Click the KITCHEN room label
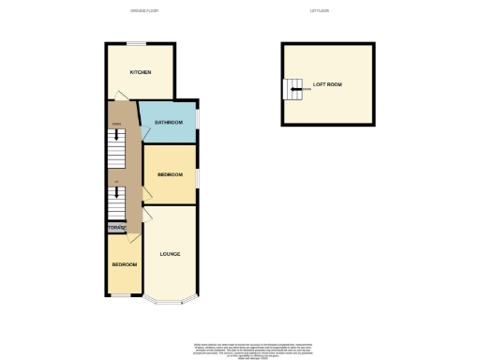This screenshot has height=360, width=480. (x=141, y=72)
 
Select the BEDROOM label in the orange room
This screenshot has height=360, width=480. (x=170, y=175)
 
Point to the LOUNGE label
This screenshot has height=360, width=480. (x=170, y=254)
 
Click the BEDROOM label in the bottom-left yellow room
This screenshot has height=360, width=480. (x=125, y=265)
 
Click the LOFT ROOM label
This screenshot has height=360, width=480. (x=328, y=85)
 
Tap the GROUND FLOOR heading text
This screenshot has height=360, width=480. (x=142, y=10)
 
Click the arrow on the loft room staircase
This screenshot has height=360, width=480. (x=295, y=90)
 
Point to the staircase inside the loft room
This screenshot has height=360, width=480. (x=292, y=90)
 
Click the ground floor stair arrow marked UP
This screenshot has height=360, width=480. (x=117, y=195)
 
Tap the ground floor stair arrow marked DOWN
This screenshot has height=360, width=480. (x=117, y=135)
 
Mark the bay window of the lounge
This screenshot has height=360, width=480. (x=170, y=300)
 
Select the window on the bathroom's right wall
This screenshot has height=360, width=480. (x=197, y=121)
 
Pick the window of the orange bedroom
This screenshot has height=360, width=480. (x=197, y=176)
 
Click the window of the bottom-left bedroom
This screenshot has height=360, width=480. (x=123, y=296)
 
